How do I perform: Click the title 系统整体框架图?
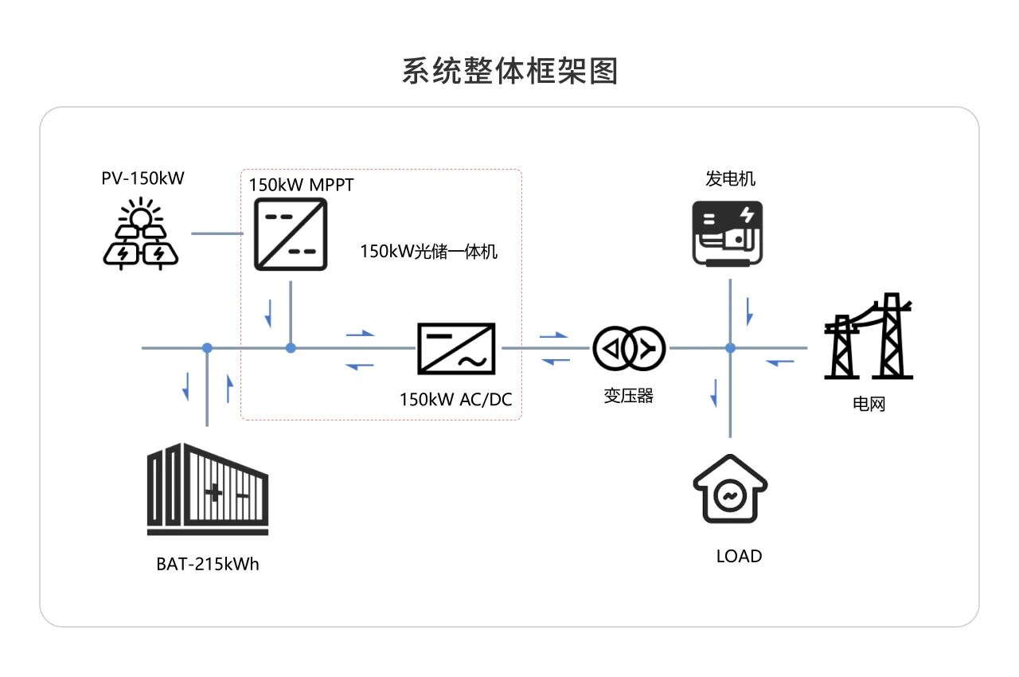pyautogui.click(x=509, y=71)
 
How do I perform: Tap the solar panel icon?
pyautogui.click(x=141, y=234)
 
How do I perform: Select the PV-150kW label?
pyautogui.click(x=143, y=178)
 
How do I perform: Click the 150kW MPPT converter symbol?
pyautogui.click(x=291, y=234)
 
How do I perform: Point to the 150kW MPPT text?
pyautogui.click(x=301, y=185)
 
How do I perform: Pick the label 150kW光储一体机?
pyautogui.click(x=428, y=252)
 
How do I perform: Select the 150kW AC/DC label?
pyautogui.click(x=456, y=399)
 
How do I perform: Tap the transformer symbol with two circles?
pyautogui.click(x=629, y=348)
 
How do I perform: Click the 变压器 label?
pyautogui.click(x=628, y=396)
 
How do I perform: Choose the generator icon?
pyautogui.click(x=728, y=233)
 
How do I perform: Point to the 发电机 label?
pyautogui.click(x=730, y=178)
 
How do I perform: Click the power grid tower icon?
pyautogui.click(x=869, y=337)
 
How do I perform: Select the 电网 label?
pyautogui.click(x=869, y=404)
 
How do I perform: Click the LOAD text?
pyautogui.click(x=739, y=556)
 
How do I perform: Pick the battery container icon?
pyautogui.click(x=208, y=489)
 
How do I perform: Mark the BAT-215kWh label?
pyautogui.click(x=208, y=565)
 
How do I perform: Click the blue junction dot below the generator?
pyautogui.click(x=730, y=348)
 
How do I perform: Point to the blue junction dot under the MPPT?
pyautogui.click(x=291, y=348)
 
